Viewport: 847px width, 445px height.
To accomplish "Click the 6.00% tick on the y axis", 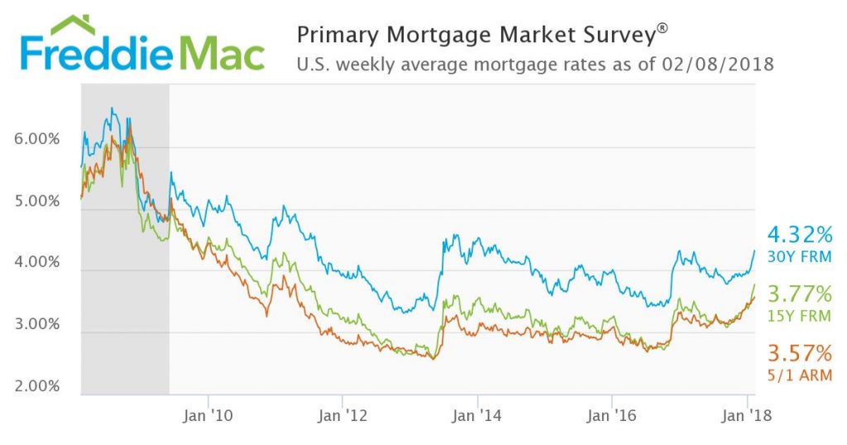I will (37, 139).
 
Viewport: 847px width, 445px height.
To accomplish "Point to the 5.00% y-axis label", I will (37, 201).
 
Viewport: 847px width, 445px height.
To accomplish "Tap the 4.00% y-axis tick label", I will (37, 262).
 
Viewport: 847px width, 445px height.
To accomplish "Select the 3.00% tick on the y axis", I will (37, 324).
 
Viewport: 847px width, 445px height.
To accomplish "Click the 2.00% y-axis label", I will (37, 385).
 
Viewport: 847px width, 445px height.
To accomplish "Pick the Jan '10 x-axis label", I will (207, 415).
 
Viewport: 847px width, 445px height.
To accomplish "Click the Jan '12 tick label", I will (341, 415).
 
